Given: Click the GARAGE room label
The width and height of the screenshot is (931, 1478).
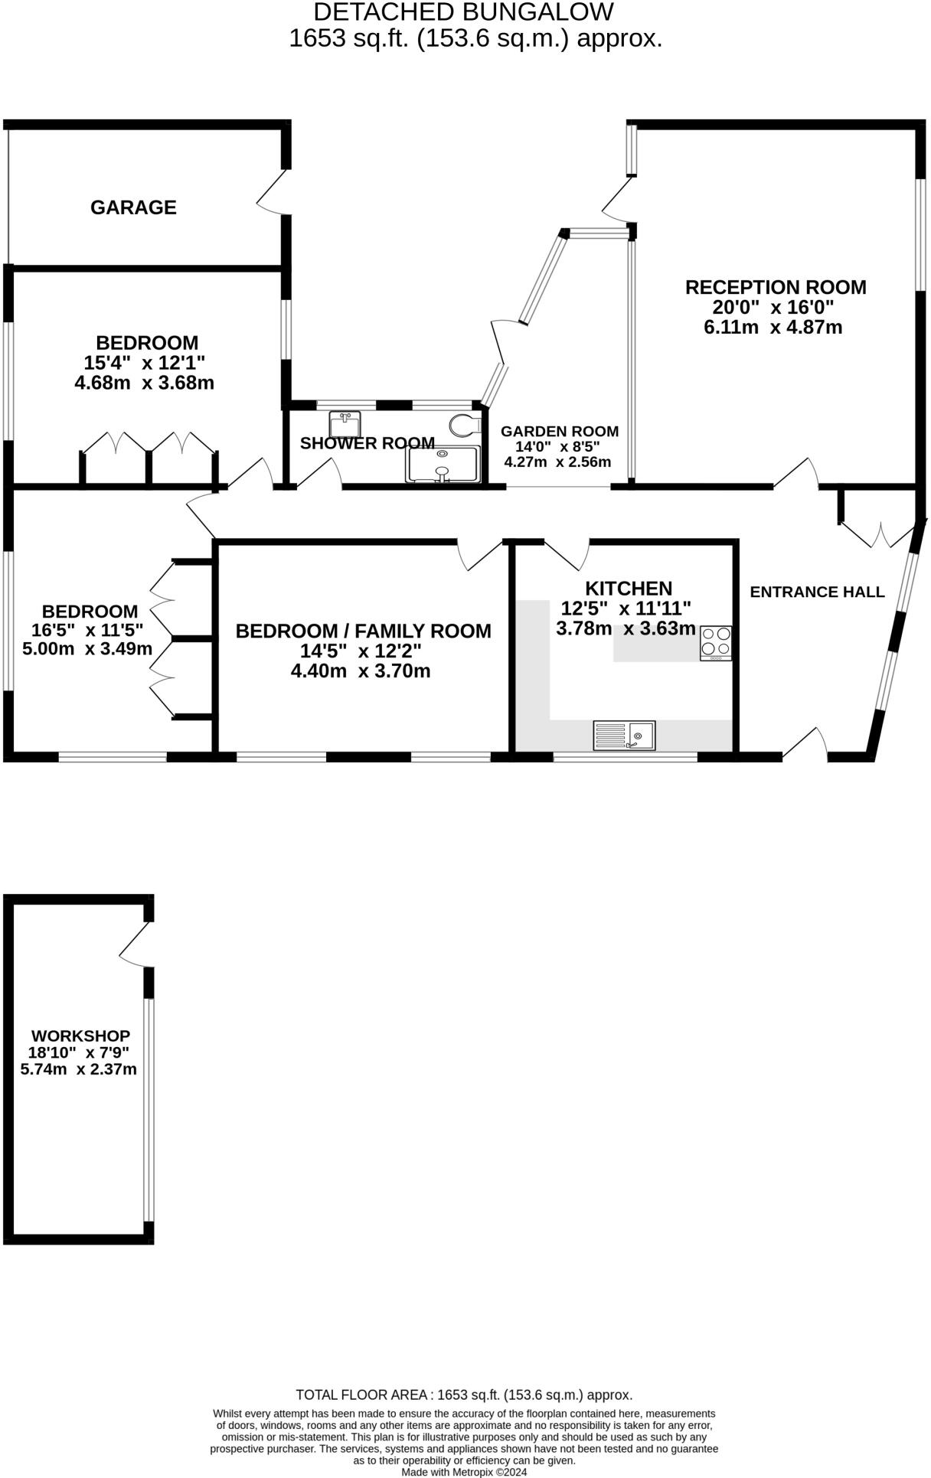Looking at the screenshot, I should coord(133,207).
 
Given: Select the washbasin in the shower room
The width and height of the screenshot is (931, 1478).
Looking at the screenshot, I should coord(345,423).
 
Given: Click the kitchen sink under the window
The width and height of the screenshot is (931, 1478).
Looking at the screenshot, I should coord(624,736).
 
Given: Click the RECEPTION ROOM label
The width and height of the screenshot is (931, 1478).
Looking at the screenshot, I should coord(775,287).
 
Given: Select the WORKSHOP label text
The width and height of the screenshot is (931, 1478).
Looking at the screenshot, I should coord(80,1036).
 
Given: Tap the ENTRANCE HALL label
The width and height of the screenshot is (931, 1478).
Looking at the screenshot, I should coord(816,592).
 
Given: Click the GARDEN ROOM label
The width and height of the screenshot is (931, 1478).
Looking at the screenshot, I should coord(559,431).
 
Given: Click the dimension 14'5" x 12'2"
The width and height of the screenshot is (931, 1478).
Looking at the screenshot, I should coord(361,651).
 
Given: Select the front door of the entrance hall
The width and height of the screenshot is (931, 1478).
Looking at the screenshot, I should coord(805,745).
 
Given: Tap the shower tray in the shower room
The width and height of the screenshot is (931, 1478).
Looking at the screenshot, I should coord(443,464).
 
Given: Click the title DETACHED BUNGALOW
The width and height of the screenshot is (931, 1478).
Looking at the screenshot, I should coord(463,11).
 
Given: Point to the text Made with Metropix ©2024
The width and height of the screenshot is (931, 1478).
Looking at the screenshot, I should coord(464,1471).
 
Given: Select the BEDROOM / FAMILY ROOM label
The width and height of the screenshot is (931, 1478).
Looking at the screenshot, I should coord(363,631).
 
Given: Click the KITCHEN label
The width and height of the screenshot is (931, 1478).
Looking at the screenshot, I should coord(628,589).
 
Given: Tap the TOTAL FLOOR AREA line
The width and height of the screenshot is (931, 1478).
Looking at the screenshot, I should coord(464,1395).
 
